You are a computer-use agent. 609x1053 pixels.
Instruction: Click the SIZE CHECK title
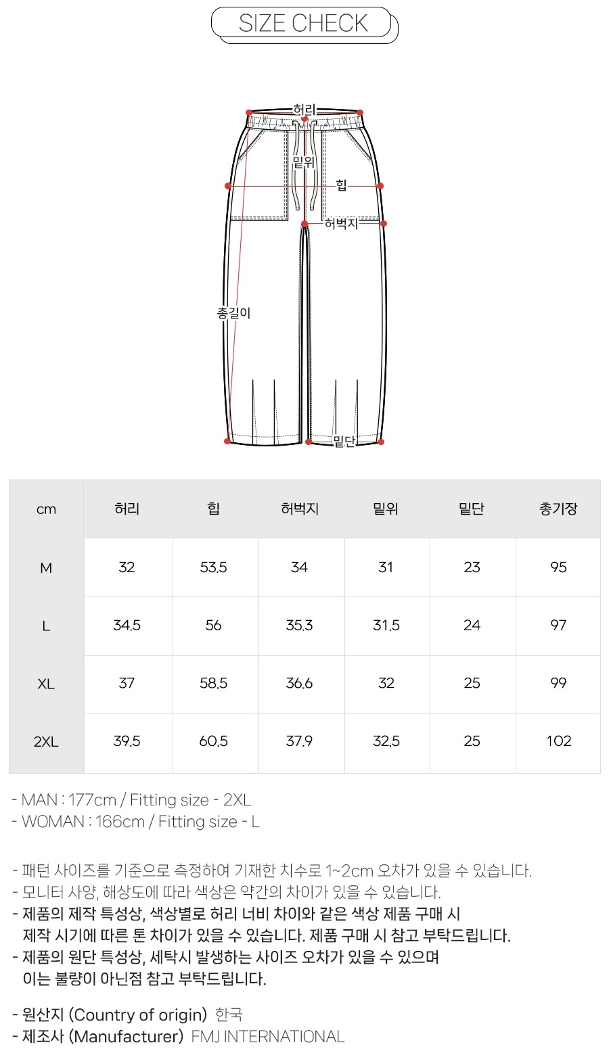tap(303, 23)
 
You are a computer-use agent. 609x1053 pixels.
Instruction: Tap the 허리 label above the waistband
tap(304, 110)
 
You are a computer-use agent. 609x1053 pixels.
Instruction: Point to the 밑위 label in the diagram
tap(304, 162)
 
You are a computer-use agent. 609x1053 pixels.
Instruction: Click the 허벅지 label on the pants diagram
tap(342, 224)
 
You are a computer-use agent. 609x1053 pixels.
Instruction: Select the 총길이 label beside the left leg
tap(233, 313)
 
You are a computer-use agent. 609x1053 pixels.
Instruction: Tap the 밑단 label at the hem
tap(344, 442)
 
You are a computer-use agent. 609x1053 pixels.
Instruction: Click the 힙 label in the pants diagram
tap(342, 186)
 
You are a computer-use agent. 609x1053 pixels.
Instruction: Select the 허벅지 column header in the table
tap(300, 509)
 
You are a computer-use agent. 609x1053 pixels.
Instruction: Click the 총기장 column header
tap(558, 509)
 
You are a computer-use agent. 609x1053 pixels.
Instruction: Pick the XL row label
tap(46, 684)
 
